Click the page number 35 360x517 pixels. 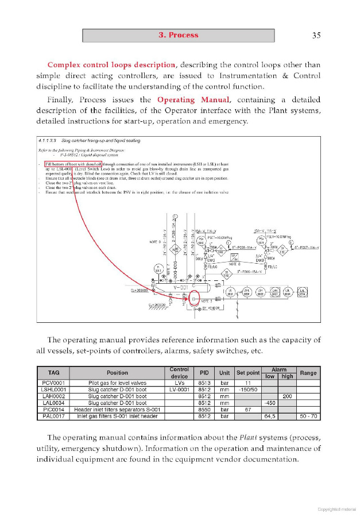316,36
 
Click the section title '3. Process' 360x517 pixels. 178,36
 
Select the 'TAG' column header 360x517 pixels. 54,373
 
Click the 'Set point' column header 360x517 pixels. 248,373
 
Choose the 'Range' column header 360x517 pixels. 308,373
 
